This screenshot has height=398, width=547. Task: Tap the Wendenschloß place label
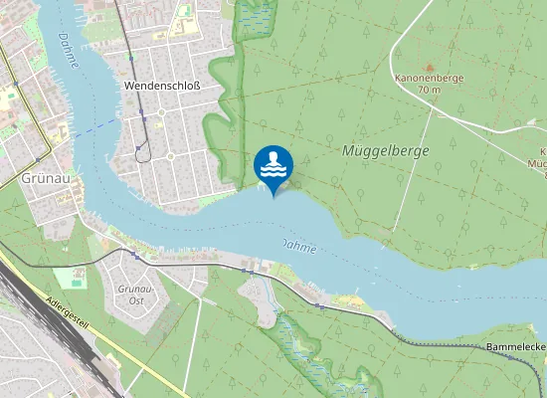coord(162,87)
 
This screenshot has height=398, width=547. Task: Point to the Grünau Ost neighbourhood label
coord(132,295)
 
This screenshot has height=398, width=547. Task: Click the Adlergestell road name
coord(69,311)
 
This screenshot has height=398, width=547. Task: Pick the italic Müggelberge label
coord(385,151)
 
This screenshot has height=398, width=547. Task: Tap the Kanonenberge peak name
coord(429,77)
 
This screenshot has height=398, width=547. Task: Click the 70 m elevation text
coord(429,90)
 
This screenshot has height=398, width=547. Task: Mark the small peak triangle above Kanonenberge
coord(429,65)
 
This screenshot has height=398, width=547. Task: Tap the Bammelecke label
coord(516,347)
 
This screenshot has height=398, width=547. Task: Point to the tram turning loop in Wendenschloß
coord(144,150)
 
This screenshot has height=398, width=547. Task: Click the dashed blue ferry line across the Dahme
coord(94,126)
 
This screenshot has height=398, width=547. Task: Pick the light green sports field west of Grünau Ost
coord(69,277)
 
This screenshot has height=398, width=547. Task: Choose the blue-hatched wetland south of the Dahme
coord(298,343)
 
